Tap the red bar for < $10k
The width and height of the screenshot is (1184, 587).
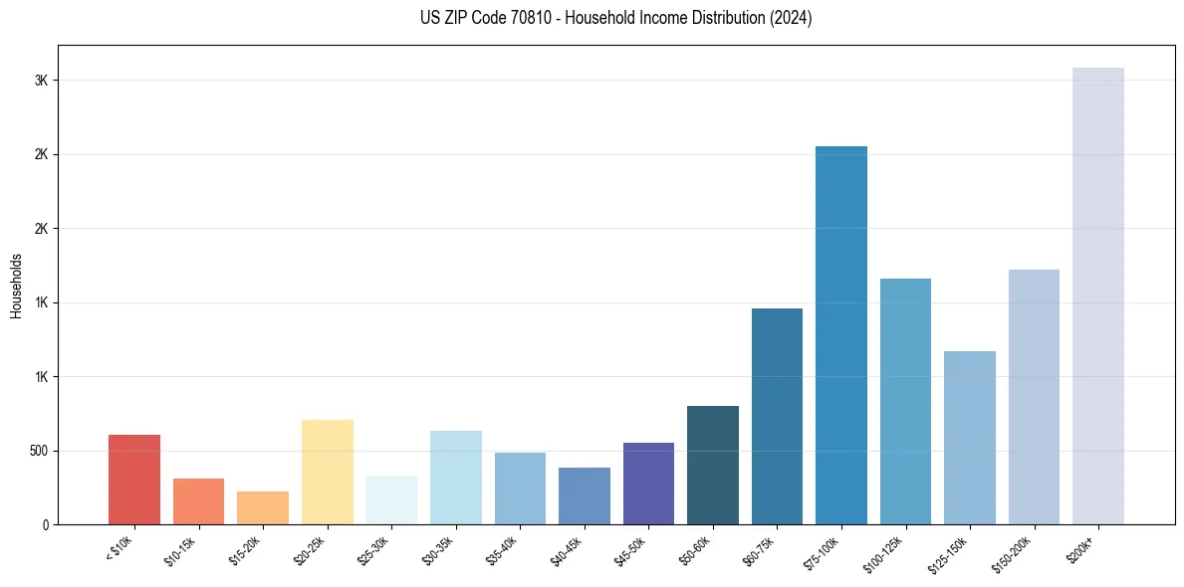pyautogui.click(x=134, y=480)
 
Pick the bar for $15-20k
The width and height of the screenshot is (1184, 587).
pyautogui.click(x=263, y=507)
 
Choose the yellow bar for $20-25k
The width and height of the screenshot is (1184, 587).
pyautogui.click(x=328, y=472)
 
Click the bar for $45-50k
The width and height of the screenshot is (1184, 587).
pyautogui.click(x=648, y=484)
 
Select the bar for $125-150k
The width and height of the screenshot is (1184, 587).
pyautogui.click(x=970, y=438)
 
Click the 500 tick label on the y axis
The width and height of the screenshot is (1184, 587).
pyautogui.click(x=38, y=451)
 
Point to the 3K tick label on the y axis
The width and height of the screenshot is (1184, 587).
pyautogui.click(x=41, y=81)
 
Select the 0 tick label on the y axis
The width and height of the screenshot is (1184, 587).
pyautogui.click(x=44, y=524)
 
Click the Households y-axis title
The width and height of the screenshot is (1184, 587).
pyautogui.click(x=16, y=285)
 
